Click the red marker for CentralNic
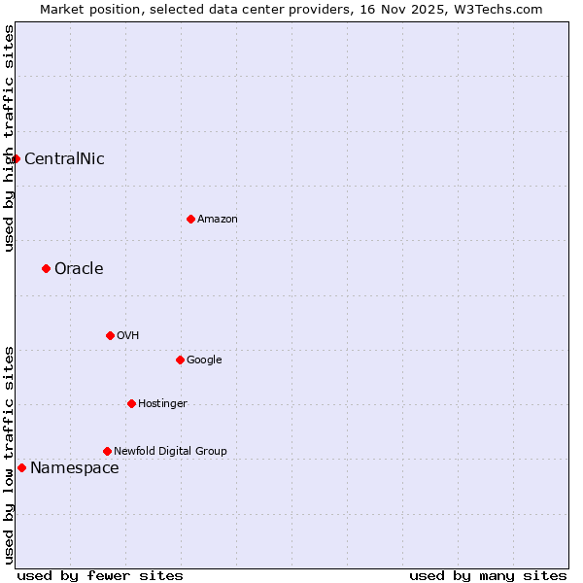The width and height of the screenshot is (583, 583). pyautogui.click(x=16, y=158)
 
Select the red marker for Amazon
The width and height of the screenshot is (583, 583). pyautogui.click(x=190, y=219)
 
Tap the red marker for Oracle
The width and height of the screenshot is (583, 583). pyautogui.click(x=46, y=268)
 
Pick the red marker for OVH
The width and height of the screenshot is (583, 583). pyautogui.click(x=110, y=335)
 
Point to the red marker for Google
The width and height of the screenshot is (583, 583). pyautogui.click(x=180, y=360)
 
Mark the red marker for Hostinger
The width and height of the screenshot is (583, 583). pyautogui.click(x=131, y=403)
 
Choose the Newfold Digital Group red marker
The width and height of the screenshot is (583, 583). pyautogui.click(x=107, y=451)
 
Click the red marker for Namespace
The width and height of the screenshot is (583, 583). pyautogui.click(x=21, y=467)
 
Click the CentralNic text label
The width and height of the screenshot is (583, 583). pyautogui.click(x=64, y=159)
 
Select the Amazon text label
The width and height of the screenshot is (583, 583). pyautogui.click(x=217, y=220)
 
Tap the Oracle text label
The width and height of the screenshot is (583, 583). pyautogui.click(x=79, y=269)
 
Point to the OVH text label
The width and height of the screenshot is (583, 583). pyautogui.click(x=127, y=336)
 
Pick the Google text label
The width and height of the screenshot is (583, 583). pyautogui.click(x=204, y=360)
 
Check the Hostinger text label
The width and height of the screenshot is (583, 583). pyautogui.click(x=162, y=404)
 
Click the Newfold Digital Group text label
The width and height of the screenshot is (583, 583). pyautogui.click(x=170, y=452)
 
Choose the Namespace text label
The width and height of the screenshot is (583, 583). pyautogui.click(x=75, y=468)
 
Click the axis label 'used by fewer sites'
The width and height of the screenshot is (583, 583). pyautogui.click(x=100, y=575)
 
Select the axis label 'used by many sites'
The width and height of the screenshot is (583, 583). pyautogui.click(x=488, y=575)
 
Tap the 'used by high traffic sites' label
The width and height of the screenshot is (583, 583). pyautogui.click(x=9, y=138)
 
